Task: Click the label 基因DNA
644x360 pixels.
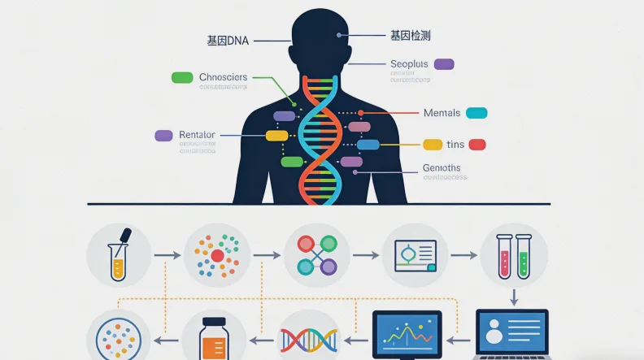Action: [227, 40]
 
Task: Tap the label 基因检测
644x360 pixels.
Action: [411, 36]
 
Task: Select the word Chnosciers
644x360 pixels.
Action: [224, 77]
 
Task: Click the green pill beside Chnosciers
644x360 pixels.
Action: [182, 77]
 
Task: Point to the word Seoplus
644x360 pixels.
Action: [409, 63]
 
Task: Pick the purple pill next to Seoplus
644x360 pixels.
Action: [444, 64]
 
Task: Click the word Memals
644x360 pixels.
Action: [442, 113]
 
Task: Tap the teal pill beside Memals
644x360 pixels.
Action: [476, 113]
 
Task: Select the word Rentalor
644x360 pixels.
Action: [197, 135]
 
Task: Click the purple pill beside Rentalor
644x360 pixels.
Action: [163, 135]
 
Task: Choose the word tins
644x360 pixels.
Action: [455, 145]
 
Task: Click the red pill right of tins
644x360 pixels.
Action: [477, 145]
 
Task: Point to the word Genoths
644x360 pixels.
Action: [442, 168]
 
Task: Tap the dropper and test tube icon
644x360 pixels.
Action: [119, 255]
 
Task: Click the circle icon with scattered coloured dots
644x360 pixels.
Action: [217, 255]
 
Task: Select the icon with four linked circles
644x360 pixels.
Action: [316, 255]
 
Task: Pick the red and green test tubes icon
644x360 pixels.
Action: [514, 255]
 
